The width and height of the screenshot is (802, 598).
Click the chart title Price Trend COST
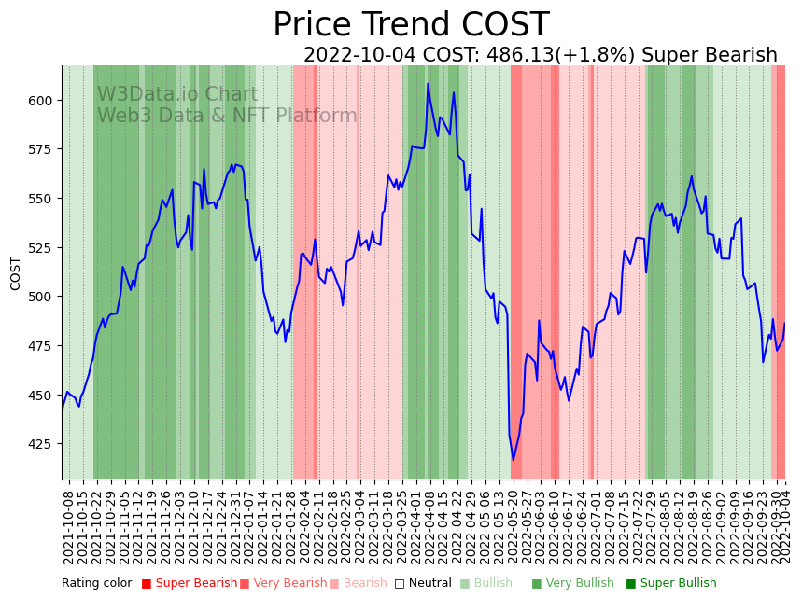pos(411,25)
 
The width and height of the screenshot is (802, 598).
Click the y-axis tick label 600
pos(44,101)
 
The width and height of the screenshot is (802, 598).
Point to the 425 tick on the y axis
pos(44,444)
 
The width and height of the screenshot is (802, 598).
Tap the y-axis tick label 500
pos(44,297)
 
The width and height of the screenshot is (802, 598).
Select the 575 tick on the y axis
pos(44,149)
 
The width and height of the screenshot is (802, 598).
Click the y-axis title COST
pos(16,273)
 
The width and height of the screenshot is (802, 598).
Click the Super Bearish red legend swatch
pos(147,584)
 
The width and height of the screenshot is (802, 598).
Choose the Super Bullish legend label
pos(678,584)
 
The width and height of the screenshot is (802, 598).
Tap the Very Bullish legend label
pos(578,584)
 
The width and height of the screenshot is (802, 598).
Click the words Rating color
pos(97,584)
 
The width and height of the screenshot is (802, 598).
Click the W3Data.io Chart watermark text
pos(177,94)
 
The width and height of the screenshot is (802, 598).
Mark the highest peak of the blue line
pos(429,84)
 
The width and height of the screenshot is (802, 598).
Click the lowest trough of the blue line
pos(513,460)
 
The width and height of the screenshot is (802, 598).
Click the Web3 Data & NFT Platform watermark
pos(227,116)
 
